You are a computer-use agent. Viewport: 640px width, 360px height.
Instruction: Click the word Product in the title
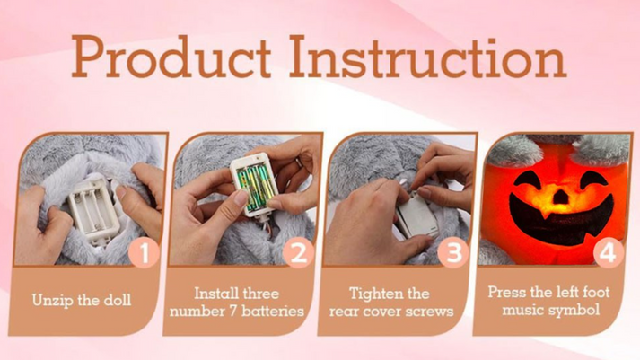(x=171, y=57)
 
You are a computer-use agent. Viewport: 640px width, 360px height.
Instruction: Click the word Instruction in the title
(x=428, y=57)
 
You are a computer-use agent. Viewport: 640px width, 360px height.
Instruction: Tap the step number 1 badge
(x=145, y=253)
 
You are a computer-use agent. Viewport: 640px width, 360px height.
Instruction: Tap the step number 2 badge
(x=298, y=253)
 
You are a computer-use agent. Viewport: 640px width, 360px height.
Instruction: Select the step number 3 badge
(x=453, y=253)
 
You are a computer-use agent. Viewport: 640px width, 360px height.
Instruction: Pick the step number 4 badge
(x=608, y=253)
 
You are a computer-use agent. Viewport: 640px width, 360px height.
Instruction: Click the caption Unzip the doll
(x=82, y=301)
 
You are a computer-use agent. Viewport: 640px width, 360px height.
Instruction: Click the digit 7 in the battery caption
(x=233, y=311)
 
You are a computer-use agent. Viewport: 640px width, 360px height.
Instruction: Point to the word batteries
(x=273, y=311)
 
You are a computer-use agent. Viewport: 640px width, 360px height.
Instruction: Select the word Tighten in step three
(x=373, y=294)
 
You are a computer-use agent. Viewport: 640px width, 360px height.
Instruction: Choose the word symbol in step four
(x=574, y=311)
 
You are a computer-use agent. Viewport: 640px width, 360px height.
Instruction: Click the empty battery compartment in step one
(x=93, y=210)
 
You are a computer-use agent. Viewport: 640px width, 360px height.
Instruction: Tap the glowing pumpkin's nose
(x=560, y=197)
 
